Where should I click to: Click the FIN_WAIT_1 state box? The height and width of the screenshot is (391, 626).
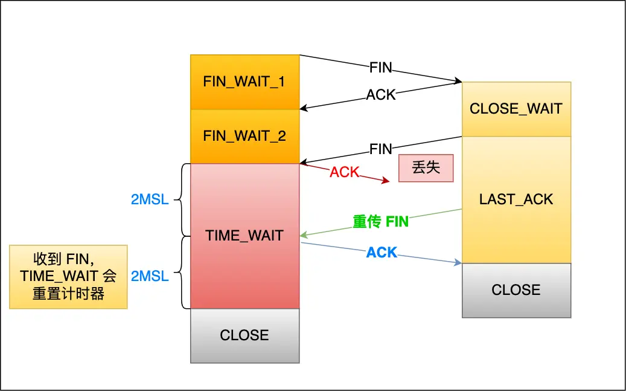point(244,82)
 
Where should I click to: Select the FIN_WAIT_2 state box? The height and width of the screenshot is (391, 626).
point(244,136)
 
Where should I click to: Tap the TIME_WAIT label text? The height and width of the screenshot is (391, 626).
point(244,236)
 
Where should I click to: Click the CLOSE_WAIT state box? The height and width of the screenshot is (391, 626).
point(516,109)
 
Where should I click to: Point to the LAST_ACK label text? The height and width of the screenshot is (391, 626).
point(516,199)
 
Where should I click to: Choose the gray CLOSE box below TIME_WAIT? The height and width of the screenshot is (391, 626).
point(244,335)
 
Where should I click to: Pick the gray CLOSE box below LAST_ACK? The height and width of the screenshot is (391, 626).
point(516,290)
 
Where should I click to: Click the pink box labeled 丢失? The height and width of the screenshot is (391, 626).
point(426,168)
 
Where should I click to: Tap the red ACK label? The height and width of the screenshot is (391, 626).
point(344,172)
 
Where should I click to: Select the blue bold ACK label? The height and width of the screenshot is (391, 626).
point(382,253)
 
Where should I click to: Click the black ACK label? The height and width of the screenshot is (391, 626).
point(381,95)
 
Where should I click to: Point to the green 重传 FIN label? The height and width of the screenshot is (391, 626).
point(381,222)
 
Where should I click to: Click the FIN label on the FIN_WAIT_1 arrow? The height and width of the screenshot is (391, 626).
point(381,68)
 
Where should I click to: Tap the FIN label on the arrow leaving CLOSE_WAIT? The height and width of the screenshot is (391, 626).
point(381,149)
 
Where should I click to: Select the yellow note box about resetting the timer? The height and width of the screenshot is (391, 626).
point(68,277)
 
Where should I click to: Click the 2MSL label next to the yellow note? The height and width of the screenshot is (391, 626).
point(150,277)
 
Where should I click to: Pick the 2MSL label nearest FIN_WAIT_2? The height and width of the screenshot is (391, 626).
point(150,199)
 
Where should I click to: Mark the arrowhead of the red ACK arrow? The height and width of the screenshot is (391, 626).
point(387,181)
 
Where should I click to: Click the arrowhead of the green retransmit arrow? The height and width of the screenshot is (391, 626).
point(303,235)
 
